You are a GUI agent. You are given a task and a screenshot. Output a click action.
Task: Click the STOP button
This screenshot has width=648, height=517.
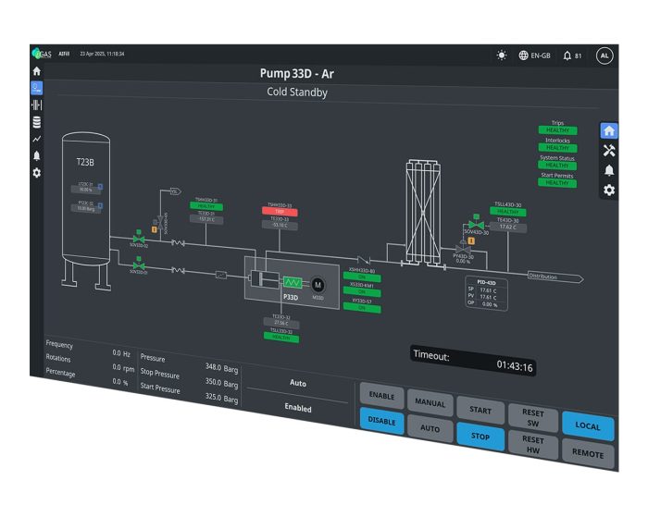click(x=480, y=436)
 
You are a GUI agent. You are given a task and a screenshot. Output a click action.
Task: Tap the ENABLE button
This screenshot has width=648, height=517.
click(x=381, y=397)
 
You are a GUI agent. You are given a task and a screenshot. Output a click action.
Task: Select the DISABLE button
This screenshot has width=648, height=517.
click(x=381, y=420)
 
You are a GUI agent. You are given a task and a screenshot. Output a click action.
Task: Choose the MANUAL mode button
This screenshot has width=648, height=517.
click(x=430, y=404)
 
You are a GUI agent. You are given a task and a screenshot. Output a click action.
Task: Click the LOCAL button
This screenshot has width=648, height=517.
click(x=587, y=426)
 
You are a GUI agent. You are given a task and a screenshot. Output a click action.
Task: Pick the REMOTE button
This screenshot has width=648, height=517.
click(x=587, y=454)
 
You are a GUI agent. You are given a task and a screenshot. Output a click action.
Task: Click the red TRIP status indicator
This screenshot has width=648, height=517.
click(x=280, y=212)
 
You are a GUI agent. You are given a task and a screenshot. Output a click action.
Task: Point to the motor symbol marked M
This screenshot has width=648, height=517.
click(x=318, y=284)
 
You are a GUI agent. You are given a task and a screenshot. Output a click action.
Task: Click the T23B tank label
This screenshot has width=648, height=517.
click(x=85, y=162)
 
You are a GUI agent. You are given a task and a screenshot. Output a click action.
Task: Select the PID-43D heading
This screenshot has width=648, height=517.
click(x=486, y=282)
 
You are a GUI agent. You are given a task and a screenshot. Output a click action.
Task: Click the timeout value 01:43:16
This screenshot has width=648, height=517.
click(x=515, y=365)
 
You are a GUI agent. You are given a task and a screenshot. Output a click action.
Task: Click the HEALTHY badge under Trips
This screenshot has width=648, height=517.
click(x=557, y=130)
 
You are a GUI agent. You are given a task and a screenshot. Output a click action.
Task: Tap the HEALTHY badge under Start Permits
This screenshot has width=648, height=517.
click(x=557, y=183)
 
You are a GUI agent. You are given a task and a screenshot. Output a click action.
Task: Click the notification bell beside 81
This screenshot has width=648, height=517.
click(x=567, y=55)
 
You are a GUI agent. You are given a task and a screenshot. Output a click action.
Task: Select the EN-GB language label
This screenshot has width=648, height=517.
click(x=540, y=55)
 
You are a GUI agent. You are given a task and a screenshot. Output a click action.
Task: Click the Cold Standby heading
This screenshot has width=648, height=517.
click(x=297, y=92)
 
